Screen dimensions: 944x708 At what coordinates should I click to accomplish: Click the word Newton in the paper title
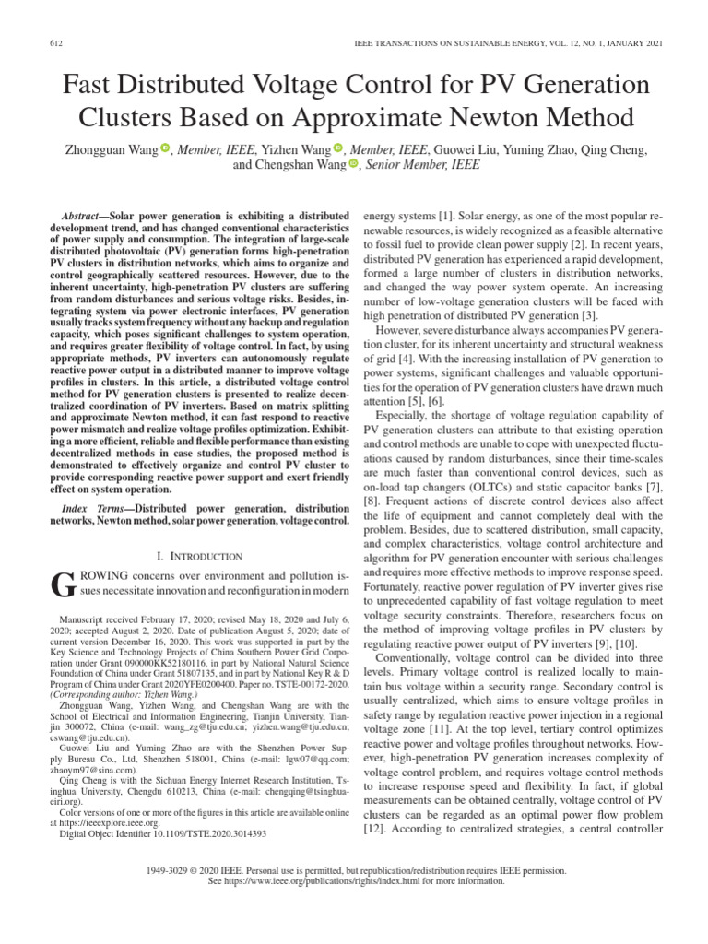(488, 118)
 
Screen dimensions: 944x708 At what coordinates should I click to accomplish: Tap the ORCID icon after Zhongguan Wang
(166, 148)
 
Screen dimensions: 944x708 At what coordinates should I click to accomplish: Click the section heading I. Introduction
(200, 556)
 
